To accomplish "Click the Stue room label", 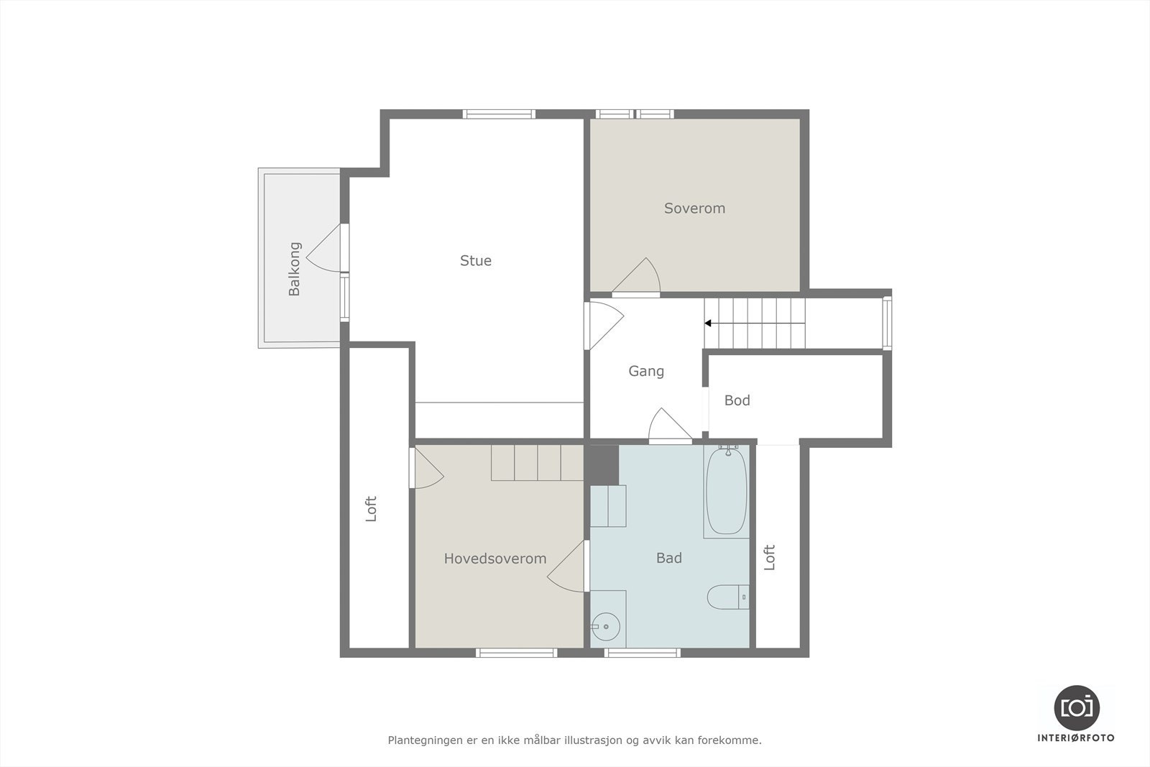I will point(476,261).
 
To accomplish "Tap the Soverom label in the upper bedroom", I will point(694,208).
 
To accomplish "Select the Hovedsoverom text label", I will point(494,559).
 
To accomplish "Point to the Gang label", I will point(645,372).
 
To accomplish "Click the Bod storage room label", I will point(737,400).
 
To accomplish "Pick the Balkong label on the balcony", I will point(295,269).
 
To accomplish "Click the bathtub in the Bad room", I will point(726,491).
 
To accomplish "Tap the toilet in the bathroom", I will point(727,597).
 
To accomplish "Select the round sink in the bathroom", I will point(606,627).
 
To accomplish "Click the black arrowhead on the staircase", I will point(708,323).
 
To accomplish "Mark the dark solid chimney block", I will point(604,465).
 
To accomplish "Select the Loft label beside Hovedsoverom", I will point(371,509).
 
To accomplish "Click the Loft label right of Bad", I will point(770,557).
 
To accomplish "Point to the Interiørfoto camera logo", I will point(1076,707).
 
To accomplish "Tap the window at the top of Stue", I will point(499,114).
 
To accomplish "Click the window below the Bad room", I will point(642,653).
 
